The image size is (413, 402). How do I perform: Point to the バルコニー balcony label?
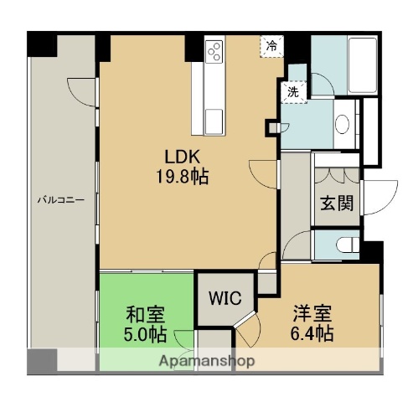59,200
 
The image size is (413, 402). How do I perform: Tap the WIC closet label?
225,298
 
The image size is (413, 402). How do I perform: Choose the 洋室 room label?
312,315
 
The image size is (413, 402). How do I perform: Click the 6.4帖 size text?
312,335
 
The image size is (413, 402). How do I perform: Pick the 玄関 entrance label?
337,203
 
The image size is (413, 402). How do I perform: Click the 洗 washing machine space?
293,92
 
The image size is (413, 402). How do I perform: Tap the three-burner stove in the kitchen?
213,51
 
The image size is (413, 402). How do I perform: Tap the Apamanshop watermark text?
206,362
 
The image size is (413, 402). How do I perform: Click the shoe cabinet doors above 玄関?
337,176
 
